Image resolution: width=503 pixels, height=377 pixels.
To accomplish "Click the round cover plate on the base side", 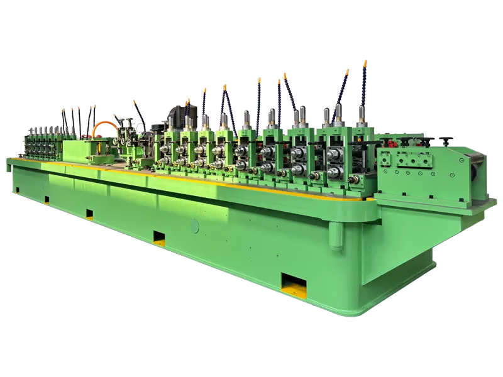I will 194,226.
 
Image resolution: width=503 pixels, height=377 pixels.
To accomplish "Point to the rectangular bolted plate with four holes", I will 409,161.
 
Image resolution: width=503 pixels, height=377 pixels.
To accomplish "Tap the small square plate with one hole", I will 384,160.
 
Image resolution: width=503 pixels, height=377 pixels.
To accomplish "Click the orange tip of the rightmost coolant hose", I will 365,63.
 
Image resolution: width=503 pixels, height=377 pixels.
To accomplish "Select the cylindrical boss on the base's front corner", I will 337,235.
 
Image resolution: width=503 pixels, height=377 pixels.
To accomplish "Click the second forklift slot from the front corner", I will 159,238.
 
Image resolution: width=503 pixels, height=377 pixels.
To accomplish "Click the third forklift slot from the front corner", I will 89,214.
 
